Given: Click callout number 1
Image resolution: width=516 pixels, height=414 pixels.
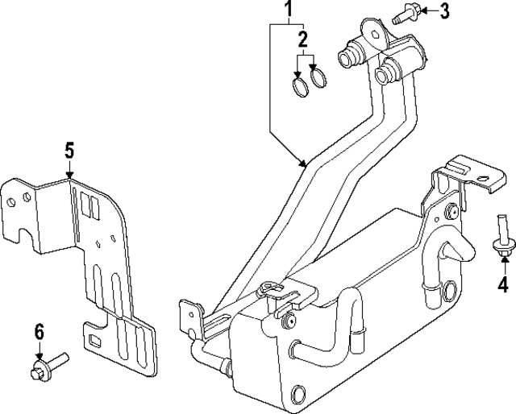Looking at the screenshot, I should click(x=286, y=10).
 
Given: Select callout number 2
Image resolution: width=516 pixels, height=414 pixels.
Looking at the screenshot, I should click(x=304, y=39).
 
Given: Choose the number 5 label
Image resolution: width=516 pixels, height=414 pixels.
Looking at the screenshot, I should click(x=69, y=150).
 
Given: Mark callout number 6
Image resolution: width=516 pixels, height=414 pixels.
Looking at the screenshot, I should click(x=38, y=331).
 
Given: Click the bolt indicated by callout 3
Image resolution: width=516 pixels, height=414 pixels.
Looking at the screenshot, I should click(x=403, y=14).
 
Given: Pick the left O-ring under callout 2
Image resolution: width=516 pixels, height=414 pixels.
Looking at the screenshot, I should click(x=299, y=85).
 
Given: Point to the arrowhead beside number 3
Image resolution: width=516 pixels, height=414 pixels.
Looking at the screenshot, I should click(x=422, y=12).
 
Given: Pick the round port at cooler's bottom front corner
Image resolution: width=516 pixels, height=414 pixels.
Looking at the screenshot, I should click(x=298, y=395).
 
